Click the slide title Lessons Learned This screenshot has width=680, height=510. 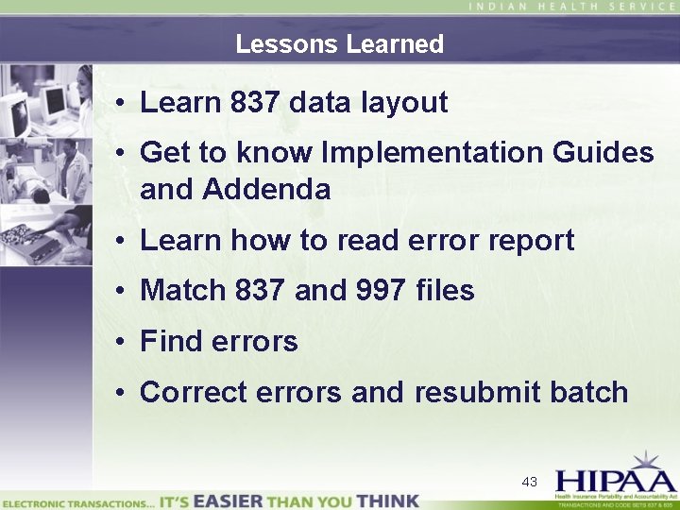pos(339,44)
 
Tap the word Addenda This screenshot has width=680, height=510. pos(267,190)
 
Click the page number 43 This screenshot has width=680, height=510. pos(530,482)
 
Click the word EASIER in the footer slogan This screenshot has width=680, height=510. pos(227,500)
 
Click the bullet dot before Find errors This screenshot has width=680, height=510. pos(124,342)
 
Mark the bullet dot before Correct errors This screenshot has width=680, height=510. pos(124,393)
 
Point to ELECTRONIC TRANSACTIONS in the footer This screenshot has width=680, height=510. pos(77,501)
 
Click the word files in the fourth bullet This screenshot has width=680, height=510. pos(445,291)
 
